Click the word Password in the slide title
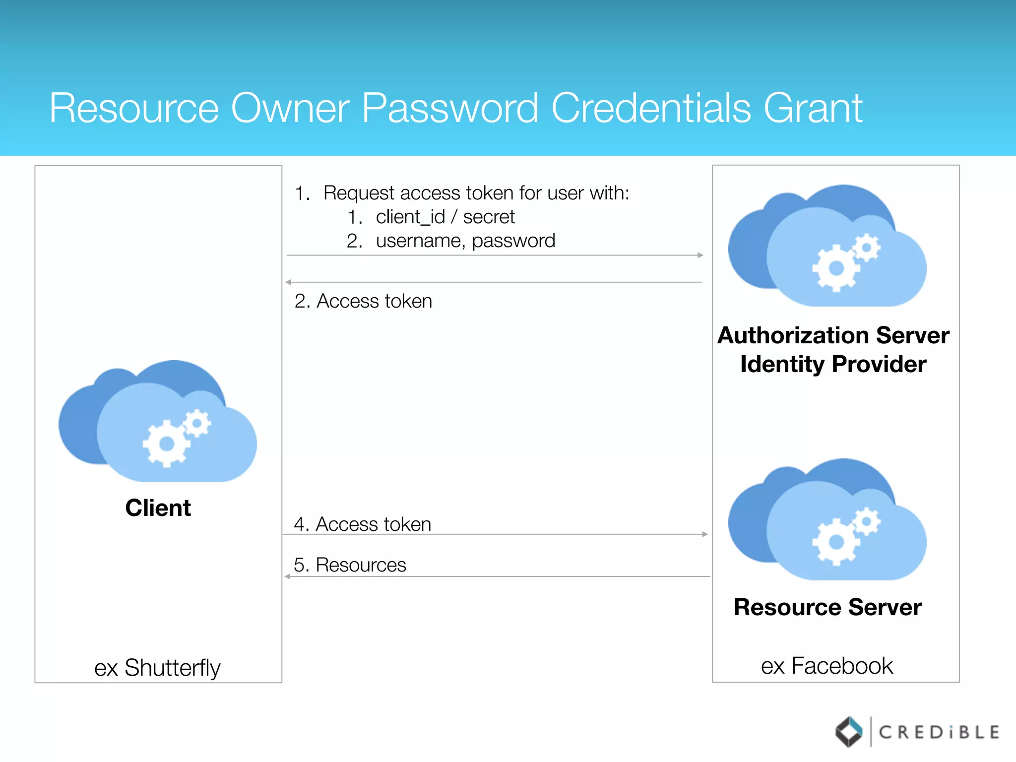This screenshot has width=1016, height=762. (449, 108)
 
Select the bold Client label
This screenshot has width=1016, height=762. (158, 508)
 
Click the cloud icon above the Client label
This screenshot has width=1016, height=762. (158, 422)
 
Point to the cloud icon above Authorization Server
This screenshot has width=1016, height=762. (827, 246)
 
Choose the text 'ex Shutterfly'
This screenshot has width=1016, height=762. (157, 668)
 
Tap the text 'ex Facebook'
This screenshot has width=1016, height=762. (827, 666)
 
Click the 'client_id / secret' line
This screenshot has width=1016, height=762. (444, 217)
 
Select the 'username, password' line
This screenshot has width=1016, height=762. (465, 241)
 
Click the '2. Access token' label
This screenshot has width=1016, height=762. (363, 301)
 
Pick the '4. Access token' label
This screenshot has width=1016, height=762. (362, 524)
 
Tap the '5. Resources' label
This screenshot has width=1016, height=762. (350, 565)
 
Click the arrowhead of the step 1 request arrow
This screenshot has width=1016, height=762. (700, 255)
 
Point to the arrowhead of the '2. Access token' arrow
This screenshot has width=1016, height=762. (288, 282)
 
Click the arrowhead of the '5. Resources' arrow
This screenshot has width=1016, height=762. (287, 576)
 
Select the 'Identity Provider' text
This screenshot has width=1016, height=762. (833, 364)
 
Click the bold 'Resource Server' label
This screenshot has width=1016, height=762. (827, 607)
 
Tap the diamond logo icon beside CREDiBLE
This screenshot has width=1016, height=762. (849, 732)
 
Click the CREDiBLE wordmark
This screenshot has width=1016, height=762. (939, 732)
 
